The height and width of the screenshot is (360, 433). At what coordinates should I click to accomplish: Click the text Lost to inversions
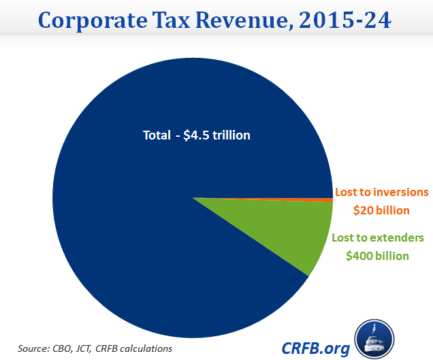click(381, 193)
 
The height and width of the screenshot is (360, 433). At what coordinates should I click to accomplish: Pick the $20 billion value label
click(381, 210)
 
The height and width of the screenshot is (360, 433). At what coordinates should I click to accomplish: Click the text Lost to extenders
click(377, 238)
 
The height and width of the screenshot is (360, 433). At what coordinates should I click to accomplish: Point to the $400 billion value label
click(377, 256)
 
